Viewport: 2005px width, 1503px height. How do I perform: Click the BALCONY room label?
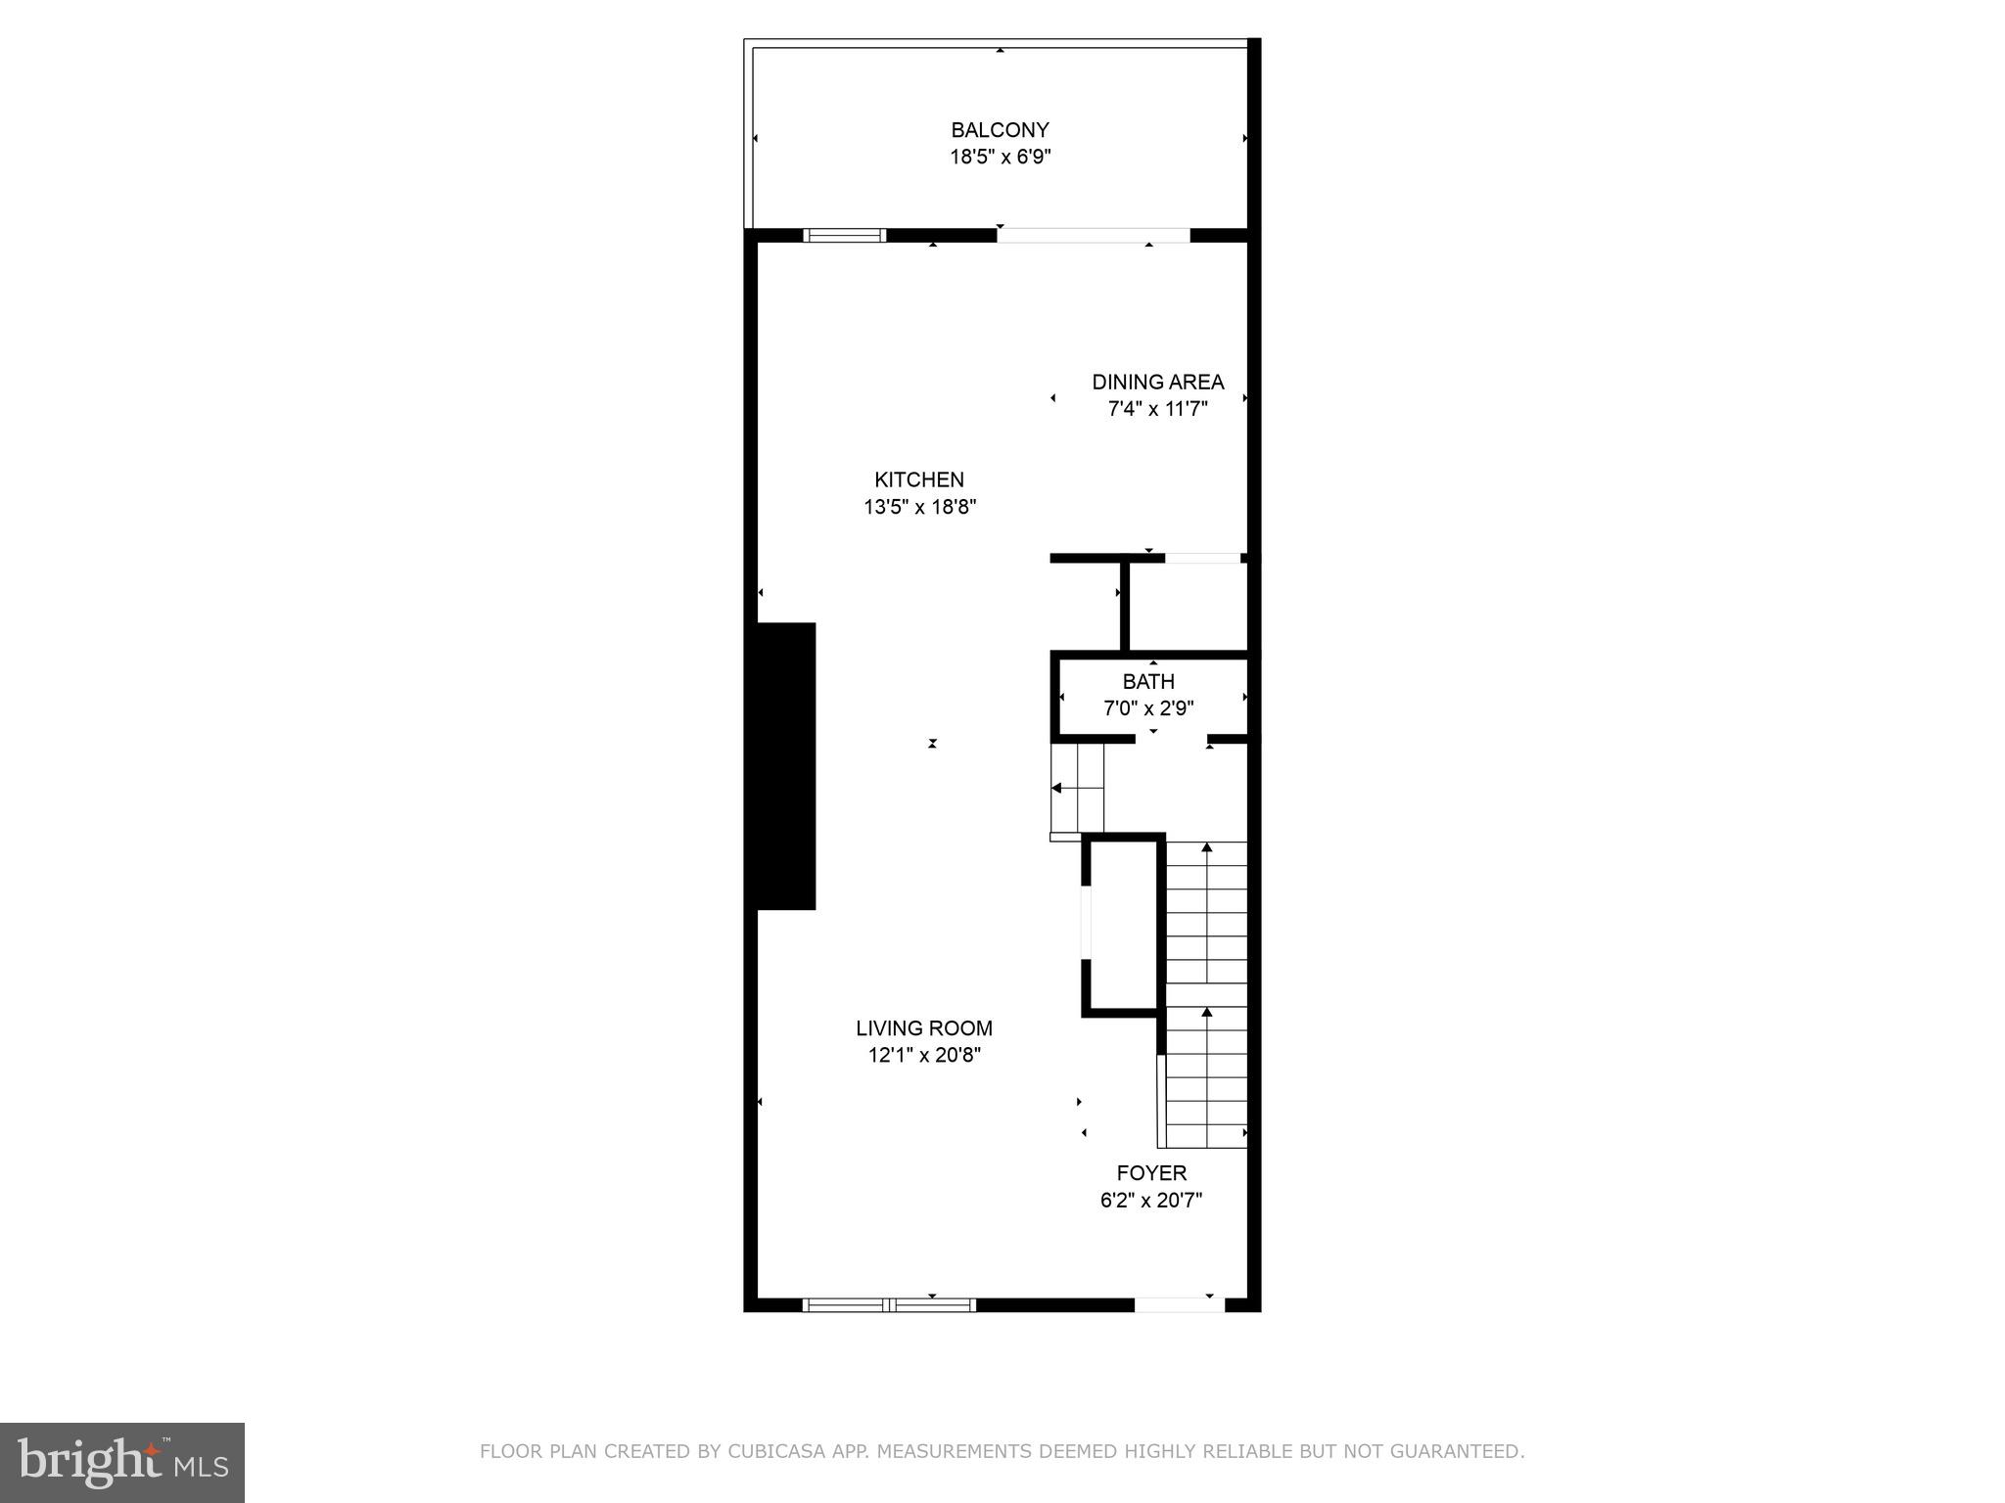(x=1000, y=130)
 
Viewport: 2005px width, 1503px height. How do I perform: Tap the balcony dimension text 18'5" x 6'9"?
(x=1000, y=157)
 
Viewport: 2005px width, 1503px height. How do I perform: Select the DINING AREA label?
(x=1157, y=383)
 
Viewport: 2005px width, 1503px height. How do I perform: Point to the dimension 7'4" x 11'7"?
(x=1157, y=409)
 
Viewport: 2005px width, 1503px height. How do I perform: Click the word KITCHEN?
(x=919, y=479)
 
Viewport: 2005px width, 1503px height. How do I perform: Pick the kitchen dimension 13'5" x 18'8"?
(x=919, y=507)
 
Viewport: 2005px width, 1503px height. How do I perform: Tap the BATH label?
(x=1148, y=681)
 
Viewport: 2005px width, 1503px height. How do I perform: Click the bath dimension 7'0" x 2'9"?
(x=1148, y=707)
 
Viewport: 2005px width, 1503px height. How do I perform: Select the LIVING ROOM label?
(x=923, y=1028)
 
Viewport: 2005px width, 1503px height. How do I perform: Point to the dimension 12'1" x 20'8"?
(x=923, y=1055)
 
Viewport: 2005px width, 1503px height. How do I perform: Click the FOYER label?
(x=1151, y=1173)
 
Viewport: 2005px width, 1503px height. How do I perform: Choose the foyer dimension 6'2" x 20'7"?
(x=1151, y=1200)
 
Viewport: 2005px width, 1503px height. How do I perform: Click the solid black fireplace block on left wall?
(x=783, y=766)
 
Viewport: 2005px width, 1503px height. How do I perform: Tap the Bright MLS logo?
(x=122, y=1463)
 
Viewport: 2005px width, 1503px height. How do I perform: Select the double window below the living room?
(x=889, y=1304)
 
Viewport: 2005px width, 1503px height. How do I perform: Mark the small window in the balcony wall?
(x=844, y=235)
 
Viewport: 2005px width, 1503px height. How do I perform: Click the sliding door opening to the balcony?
(x=1093, y=235)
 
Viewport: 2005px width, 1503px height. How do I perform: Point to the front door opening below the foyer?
(x=1179, y=1304)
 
